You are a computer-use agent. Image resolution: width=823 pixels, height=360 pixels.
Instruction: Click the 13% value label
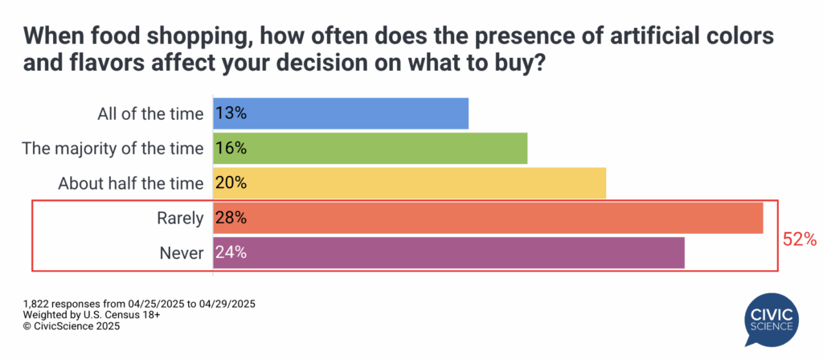(x=230, y=113)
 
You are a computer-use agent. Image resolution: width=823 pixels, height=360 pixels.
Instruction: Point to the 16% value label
(x=230, y=148)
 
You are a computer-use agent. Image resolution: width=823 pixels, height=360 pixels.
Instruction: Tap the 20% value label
(x=230, y=182)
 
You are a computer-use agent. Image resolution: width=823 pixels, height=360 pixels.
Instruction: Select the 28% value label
(x=230, y=217)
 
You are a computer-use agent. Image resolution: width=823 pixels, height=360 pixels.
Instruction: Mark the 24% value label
(x=230, y=252)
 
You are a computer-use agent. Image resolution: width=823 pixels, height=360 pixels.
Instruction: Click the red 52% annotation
(x=800, y=239)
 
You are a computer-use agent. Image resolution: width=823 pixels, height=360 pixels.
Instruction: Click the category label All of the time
(x=149, y=113)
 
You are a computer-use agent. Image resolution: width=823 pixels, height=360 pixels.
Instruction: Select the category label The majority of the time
(x=113, y=148)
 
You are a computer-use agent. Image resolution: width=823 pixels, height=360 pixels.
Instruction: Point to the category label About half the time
(x=131, y=182)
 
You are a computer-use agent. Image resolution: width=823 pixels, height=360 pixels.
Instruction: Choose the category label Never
(x=182, y=252)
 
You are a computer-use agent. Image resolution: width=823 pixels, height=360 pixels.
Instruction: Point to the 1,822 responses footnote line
(x=140, y=304)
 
